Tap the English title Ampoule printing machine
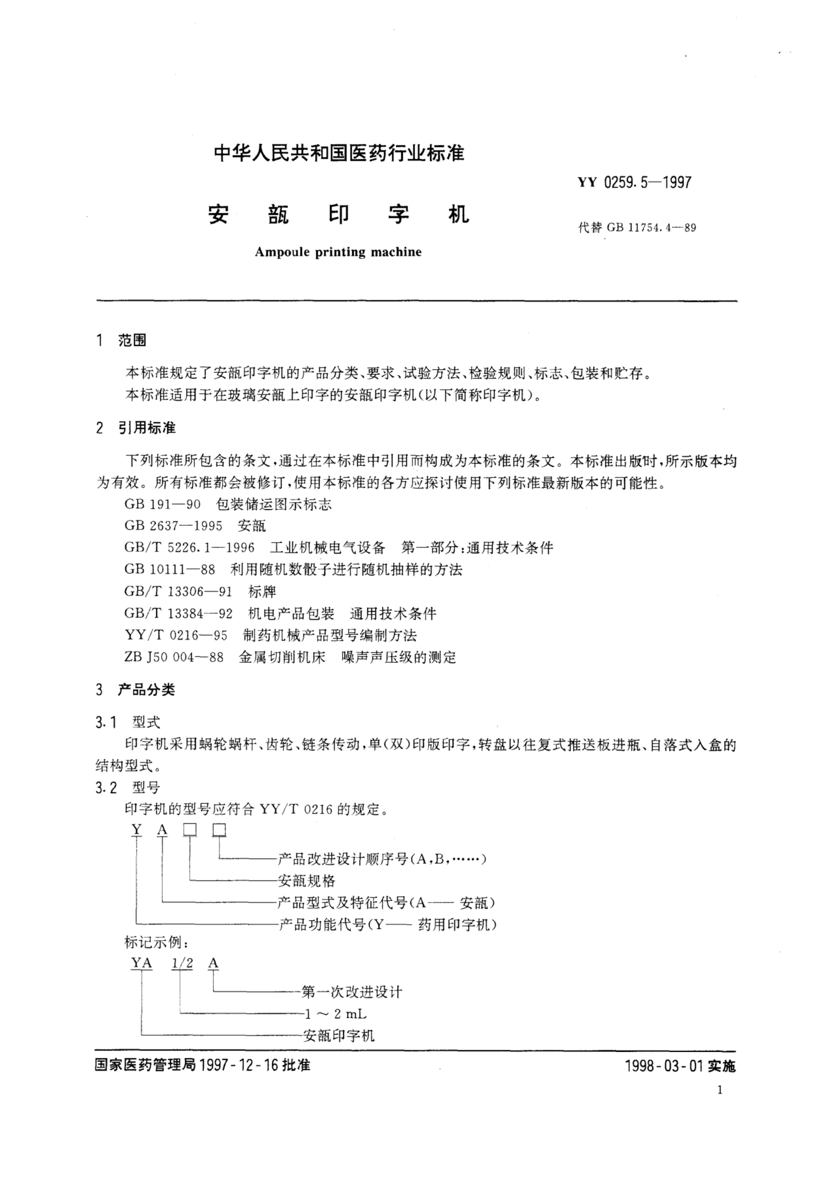338,252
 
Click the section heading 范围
132,340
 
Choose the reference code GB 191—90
162,504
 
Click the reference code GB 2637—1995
173,526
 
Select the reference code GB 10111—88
169,570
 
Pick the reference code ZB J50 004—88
174,657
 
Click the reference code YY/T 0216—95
176,635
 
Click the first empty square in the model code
190,830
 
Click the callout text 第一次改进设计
351,992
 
